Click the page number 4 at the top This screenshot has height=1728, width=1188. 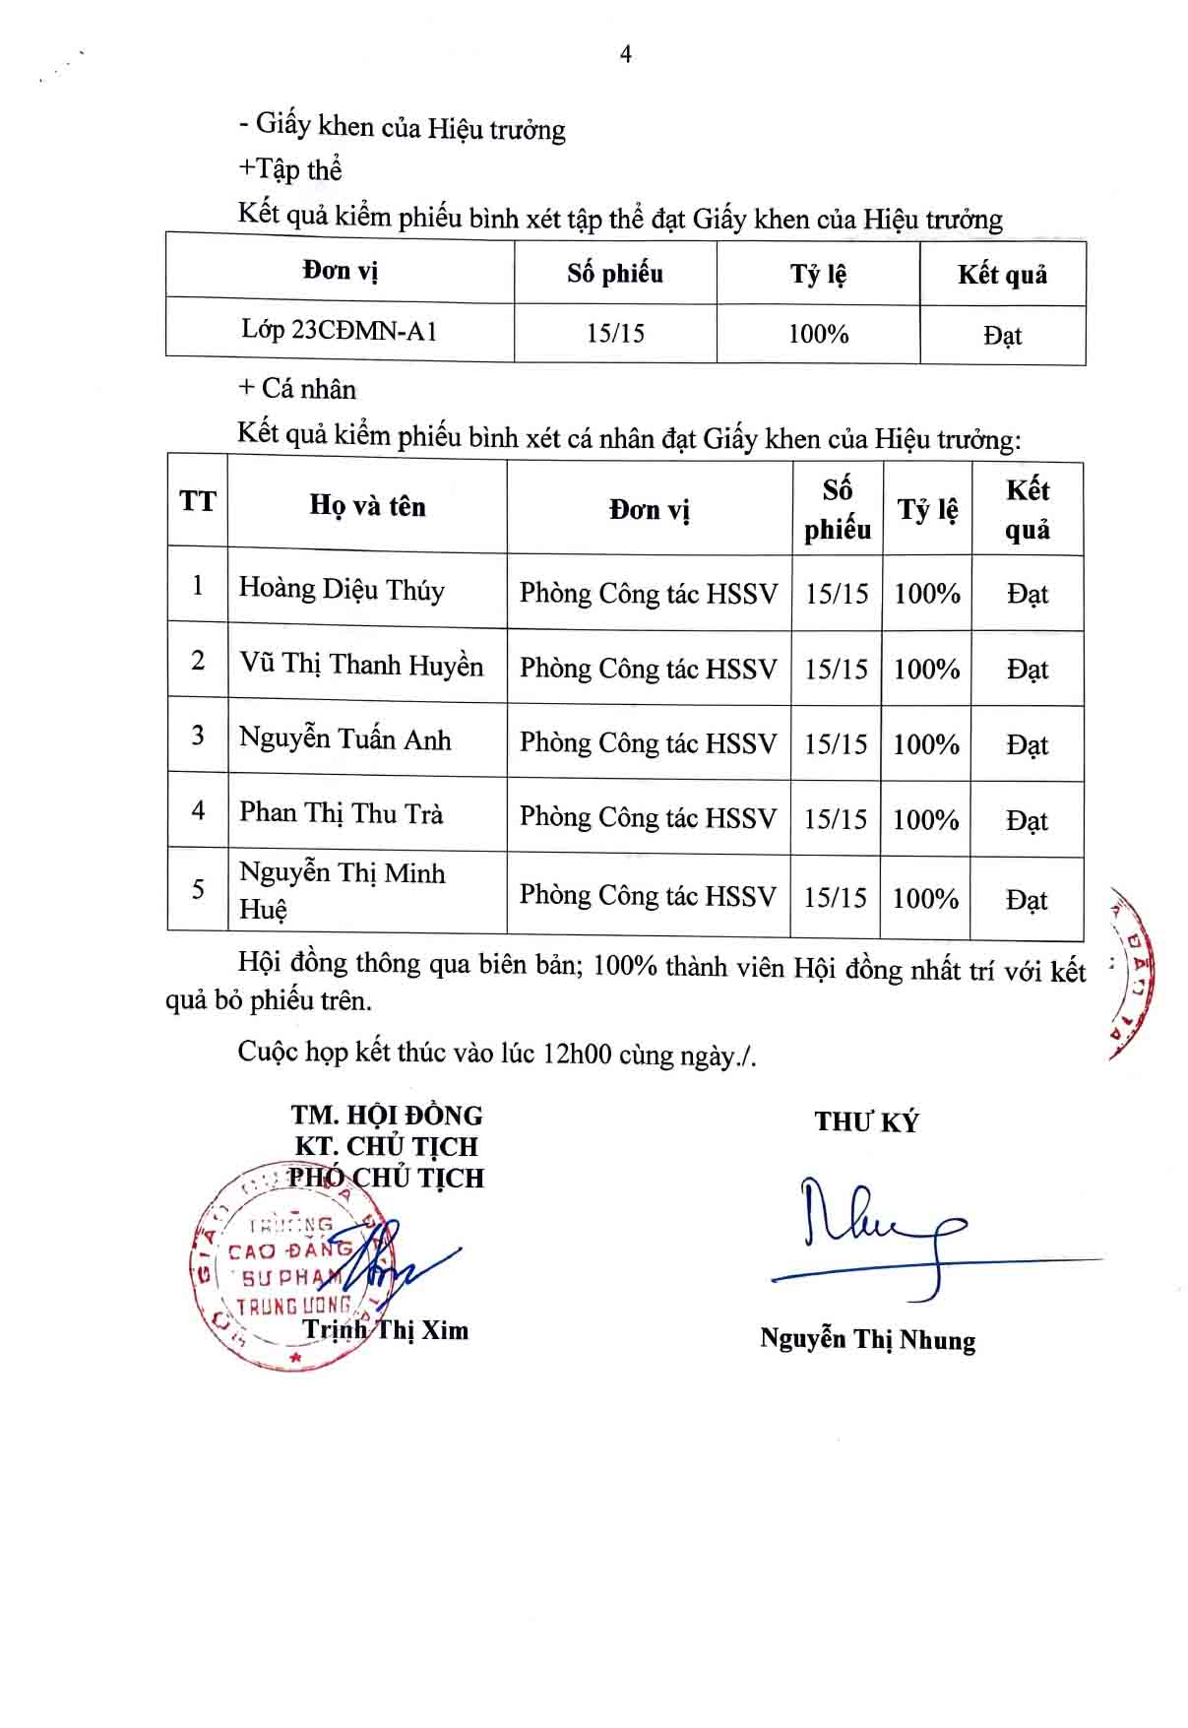click(626, 55)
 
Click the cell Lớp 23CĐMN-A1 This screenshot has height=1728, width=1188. click(340, 330)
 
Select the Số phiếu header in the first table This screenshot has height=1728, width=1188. click(615, 273)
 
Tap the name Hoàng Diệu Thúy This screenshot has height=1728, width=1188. click(342, 589)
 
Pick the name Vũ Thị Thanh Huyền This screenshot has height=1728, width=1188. click(361, 665)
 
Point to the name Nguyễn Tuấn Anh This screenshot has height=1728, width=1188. click(344, 739)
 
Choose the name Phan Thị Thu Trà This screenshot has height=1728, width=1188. click(341, 813)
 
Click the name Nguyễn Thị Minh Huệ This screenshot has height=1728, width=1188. click(342, 890)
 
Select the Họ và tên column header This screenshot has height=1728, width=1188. click(367, 506)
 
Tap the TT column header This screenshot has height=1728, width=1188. click(198, 501)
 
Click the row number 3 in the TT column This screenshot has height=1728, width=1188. click(198, 735)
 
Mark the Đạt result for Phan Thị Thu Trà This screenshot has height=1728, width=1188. click(1027, 820)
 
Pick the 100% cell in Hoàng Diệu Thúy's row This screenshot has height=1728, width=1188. click(927, 594)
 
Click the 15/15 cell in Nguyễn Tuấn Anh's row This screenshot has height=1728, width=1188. click(836, 743)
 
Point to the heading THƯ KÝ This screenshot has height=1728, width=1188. click(866, 1121)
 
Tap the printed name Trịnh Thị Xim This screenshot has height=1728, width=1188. click(386, 1330)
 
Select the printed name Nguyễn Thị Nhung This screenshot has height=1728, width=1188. click(867, 1340)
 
